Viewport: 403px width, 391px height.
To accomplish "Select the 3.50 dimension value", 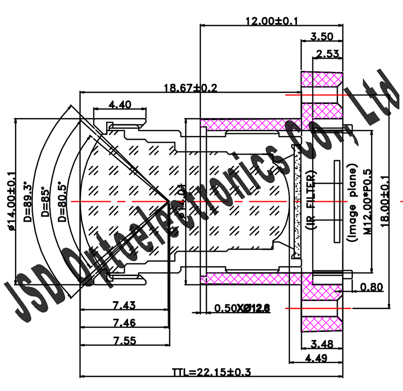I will [x=322, y=36].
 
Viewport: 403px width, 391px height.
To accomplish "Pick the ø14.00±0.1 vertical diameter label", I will [x=13, y=200].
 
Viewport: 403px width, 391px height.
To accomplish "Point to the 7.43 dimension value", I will [x=124, y=305].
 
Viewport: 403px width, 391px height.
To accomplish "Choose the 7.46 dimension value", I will [x=124, y=323].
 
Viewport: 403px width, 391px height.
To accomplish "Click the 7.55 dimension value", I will [x=124, y=340].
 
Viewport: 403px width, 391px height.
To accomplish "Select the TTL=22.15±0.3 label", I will [x=211, y=372].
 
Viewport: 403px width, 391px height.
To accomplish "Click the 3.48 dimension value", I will [x=321, y=344].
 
